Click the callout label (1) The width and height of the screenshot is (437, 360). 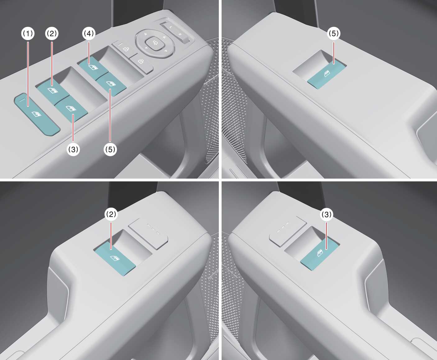click(x=28, y=33)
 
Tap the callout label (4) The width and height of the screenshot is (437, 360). click(x=89, y=33)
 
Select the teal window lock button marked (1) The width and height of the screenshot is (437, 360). click(x=37, y=114)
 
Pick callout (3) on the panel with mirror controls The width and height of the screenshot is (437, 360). click(x=73, y=149)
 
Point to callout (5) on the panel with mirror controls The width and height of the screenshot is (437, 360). click(x=110, y=149)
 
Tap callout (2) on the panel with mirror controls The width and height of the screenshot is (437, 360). click(x=52, y=33)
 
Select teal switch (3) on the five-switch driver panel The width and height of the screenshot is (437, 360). click(x=71, y=108)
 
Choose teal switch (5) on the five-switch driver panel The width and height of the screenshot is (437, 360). click(x=111, y=84)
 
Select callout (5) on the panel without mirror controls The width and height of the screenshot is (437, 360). click(x=333, y=33)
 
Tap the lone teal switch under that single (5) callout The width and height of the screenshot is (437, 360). click(x=327, y=74)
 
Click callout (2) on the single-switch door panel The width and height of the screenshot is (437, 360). click(x=111, y=214)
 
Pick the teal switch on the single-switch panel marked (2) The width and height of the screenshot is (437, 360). click(x=115, y=258)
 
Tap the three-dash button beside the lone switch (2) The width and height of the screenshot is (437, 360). click(x=148, y=233)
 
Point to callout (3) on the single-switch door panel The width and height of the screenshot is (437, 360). click(x=326, y=214)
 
